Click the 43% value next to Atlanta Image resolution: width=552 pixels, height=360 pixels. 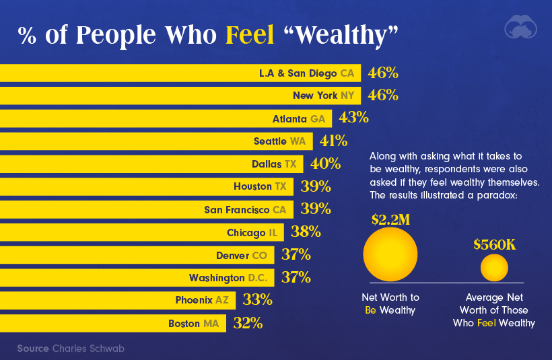353,118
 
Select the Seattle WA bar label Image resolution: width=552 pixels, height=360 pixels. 279,141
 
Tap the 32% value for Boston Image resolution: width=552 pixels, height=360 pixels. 247,323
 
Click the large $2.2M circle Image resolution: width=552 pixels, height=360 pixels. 390,254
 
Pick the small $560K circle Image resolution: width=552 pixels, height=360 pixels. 494,268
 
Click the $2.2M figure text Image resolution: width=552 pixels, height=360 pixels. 390,219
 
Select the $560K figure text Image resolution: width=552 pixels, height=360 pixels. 494,244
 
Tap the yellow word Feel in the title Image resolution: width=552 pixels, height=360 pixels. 250,36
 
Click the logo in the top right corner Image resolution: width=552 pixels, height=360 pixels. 522,27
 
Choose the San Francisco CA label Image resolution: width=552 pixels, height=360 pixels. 245,210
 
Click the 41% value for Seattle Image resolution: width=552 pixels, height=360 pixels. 333,141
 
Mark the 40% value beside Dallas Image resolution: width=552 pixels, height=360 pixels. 325,164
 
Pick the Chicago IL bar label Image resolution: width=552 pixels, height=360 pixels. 252,233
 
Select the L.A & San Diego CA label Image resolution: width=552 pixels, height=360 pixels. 306,73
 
